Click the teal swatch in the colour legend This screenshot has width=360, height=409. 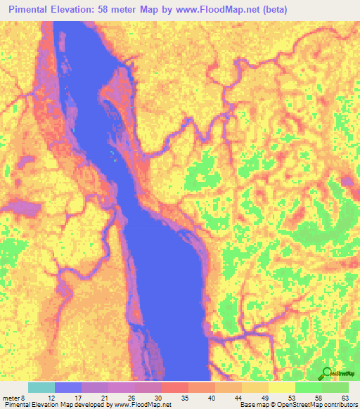coord(41,387)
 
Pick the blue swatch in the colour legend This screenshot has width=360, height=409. coord(68,387)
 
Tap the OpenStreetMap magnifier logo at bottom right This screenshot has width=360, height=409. coord(326,372)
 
